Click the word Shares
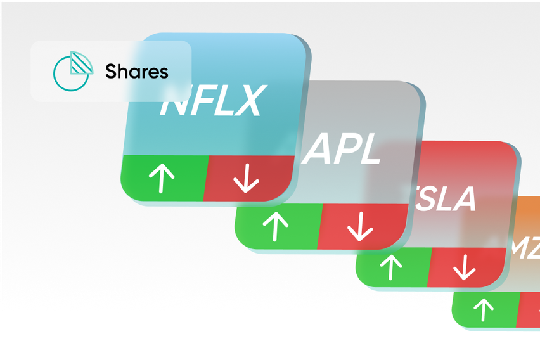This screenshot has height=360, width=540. [137, 71]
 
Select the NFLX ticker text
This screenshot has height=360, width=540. [211, 103]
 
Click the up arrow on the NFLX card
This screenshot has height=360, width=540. [162, 178]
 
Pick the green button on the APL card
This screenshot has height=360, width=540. [278, 226]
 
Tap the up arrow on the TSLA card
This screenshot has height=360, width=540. [391, 266]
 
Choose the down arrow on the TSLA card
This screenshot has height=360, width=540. [464, 267]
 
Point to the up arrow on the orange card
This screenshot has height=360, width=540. [484, 310]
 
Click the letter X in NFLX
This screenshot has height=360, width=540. [246, 103]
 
